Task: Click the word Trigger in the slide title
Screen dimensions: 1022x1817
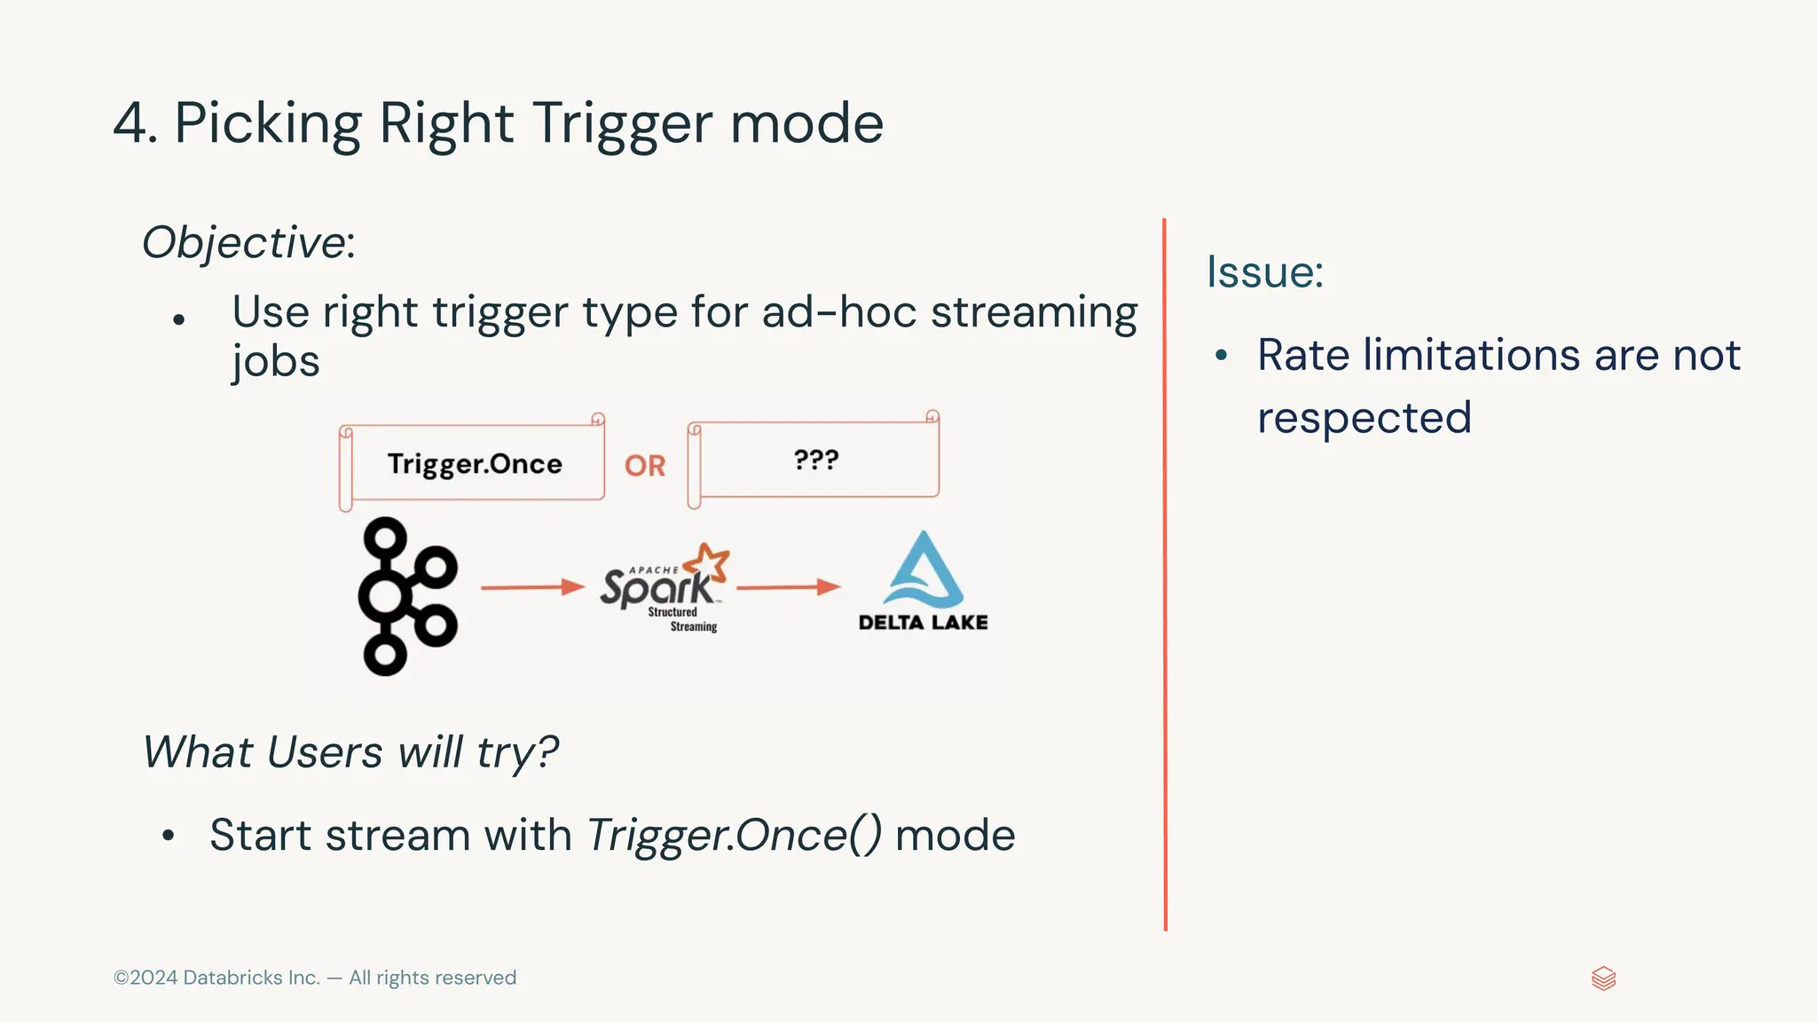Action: click(622, 123)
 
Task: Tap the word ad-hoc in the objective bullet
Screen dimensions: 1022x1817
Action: click(838, 312)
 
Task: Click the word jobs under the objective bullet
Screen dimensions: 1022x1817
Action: click(275, 362)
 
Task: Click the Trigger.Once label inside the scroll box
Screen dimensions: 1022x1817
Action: click(475, 464)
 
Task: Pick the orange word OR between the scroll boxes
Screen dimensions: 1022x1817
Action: click(645, 466)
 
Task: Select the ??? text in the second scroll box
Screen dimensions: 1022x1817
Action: click(815, 460)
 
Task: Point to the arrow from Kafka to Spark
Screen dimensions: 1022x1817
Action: click(532, 587)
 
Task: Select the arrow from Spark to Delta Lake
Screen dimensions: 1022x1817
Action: click(788, 587)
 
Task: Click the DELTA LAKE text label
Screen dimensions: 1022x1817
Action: click(923, 623)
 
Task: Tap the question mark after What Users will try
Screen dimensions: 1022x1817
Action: click(548, 752)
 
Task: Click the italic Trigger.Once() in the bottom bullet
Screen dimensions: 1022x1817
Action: click(734, 836)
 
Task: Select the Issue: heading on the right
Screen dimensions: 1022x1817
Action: click(1264, 271)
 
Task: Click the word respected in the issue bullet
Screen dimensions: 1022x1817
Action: click(1364, 418)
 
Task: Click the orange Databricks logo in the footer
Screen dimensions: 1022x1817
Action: click(1603, 979)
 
